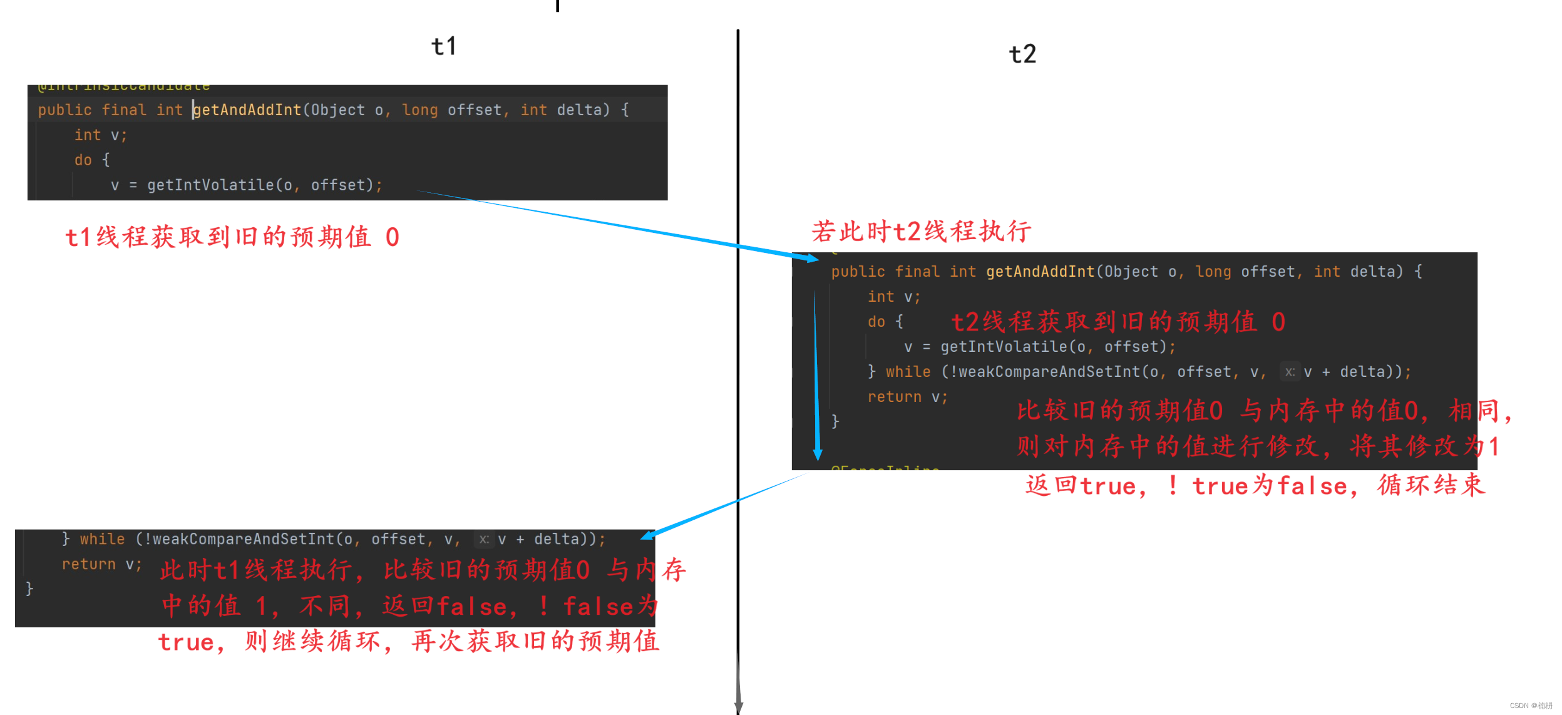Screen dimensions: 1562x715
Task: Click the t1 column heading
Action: (x=444, y=46)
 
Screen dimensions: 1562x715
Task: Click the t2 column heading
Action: (x=1022, y=54)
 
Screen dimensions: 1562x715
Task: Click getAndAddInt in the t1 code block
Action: (x=248, y=110)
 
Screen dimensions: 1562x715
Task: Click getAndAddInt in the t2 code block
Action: (x=1040, y=272)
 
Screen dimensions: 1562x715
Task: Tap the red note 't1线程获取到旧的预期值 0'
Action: (x=232, y=237)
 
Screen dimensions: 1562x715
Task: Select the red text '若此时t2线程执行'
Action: (x=921, y=232)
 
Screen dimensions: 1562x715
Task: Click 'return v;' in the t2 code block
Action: (x=907, y=397)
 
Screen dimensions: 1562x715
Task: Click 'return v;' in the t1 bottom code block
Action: (x=101, y=565)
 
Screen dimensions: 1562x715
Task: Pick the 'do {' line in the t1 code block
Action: (x=92, y=160)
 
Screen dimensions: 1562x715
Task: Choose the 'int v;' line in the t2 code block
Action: (x=893, y=297)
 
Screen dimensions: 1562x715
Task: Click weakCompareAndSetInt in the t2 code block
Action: (x=1049, y=372)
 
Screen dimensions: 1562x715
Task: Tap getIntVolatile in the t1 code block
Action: (x=210, y=185)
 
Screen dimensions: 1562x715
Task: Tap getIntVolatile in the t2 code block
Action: (x=1004, y=347)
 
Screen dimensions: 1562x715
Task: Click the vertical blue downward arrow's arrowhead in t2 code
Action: (x=818, y=455)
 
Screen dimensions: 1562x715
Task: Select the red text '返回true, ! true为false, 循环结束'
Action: (x=1255, y=486)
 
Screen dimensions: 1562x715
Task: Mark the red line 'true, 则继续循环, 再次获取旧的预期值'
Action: (x=408, y=642)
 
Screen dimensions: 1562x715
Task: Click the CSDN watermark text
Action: (x=1531, y=706)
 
